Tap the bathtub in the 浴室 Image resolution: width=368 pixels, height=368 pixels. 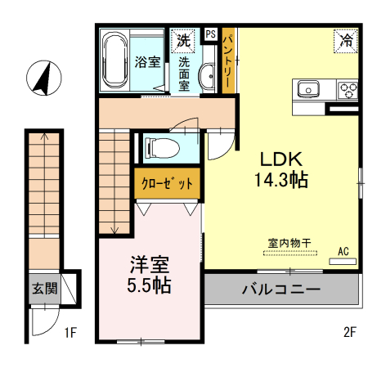(x=114, y=61)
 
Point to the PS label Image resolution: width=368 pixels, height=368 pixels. (x=210, y=34)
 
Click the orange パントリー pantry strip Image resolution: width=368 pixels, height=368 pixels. (x=231, y=58)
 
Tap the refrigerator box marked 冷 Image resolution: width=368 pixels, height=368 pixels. (x=347, y=39)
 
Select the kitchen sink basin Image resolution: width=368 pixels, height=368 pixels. (x=310, y=88)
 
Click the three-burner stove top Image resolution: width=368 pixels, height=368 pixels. (x=348, y=89)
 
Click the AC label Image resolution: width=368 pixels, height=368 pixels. (x=343, y=250)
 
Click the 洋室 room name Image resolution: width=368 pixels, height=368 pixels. (x=149, y=266)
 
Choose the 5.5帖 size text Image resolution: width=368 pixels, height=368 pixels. (x=149, y=286)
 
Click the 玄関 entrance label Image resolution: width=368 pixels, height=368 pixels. (x=44, y=287)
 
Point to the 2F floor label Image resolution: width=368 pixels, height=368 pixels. (x=352, y=332)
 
